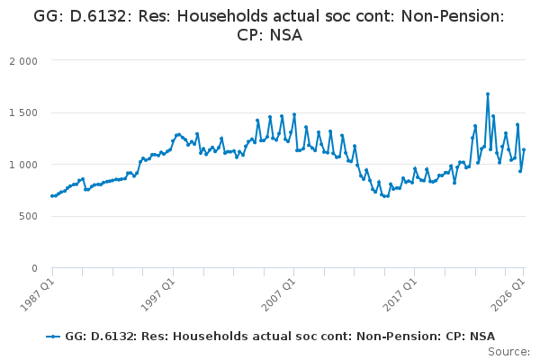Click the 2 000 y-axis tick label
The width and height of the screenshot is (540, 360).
[23, 61]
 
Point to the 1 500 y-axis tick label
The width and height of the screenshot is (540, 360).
[23, 113]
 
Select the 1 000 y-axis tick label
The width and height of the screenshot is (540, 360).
[23, 165]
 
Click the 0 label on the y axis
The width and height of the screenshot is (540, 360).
[34, 268]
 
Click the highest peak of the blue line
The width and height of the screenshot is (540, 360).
[488, 94]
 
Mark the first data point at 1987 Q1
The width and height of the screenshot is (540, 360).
[52, 196]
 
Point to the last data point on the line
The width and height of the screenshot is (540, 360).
[524, 150]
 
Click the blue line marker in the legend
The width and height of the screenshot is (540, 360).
[53, 337]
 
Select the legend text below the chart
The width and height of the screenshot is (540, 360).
[280, 337]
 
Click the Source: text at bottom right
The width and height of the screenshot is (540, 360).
[509, 352]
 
